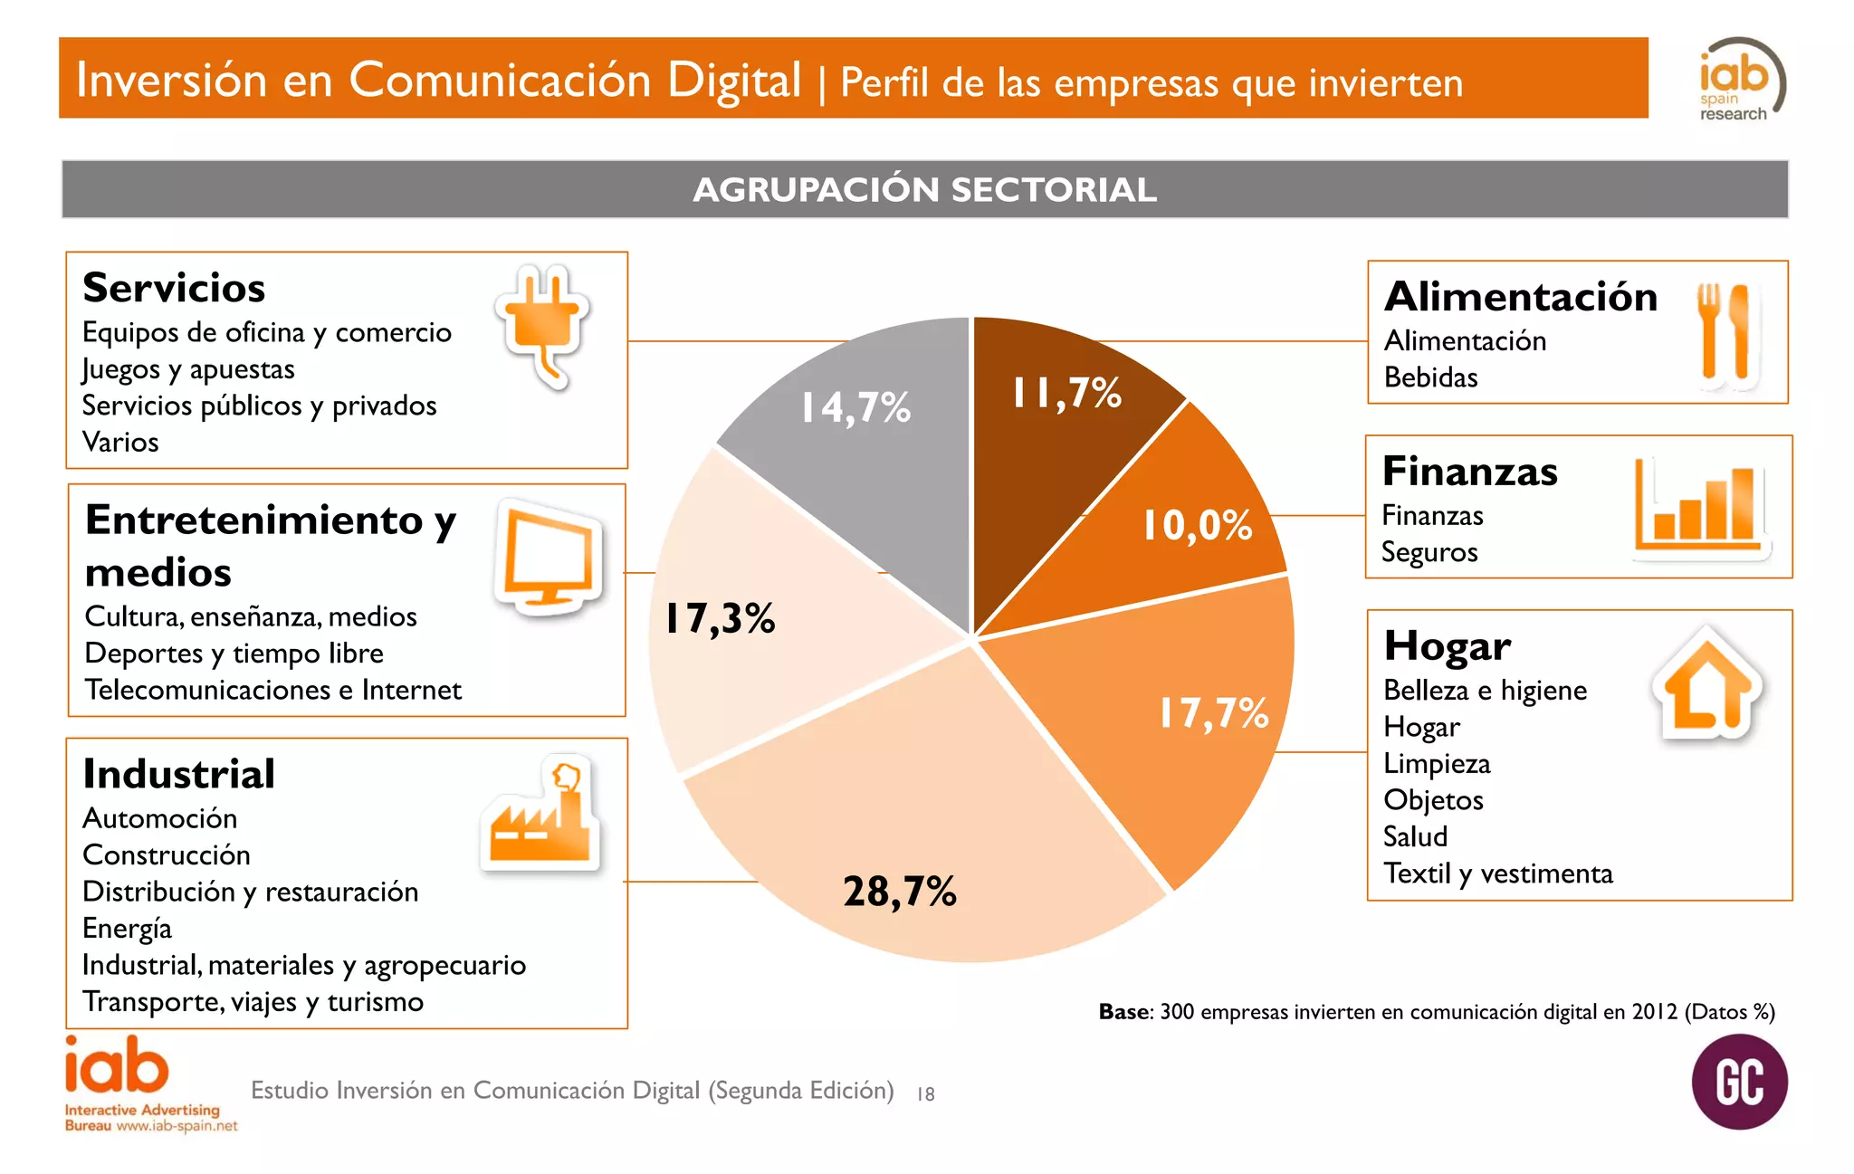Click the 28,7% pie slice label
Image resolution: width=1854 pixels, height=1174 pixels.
(x=899, y=892)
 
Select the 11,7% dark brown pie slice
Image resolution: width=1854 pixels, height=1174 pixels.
(x=1050, y=453)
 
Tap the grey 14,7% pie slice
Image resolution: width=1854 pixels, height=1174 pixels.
(x=869, y=471)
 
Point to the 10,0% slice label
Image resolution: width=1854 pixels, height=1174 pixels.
(x=1197, y=525)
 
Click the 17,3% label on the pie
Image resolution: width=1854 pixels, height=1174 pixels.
(x=720, y=619)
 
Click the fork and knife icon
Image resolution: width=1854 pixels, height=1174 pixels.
(x=1725, y=332)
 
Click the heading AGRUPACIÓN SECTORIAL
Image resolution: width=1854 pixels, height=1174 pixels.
(x=924, y=190)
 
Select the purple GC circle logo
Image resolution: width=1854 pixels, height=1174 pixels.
(x=1739, y=1082)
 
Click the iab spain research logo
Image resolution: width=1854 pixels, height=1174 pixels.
(x=1739, y=80)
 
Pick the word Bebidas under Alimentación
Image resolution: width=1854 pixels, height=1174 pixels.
(x=1430, y=377)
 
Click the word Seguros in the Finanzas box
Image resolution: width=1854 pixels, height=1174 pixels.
(x=1429, y=552)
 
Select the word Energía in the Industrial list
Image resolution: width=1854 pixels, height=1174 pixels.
(x=127, y=929)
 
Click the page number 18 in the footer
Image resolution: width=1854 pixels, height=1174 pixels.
(x=925, y=1093)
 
